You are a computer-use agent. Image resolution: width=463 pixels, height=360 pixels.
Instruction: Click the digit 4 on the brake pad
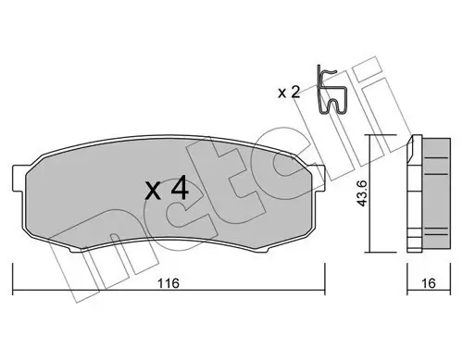(x=180, y=191)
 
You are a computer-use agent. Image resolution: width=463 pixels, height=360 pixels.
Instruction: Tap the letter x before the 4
(x=154, y=193)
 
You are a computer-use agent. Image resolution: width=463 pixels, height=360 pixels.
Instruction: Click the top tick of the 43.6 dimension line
(x=369, y=135)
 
